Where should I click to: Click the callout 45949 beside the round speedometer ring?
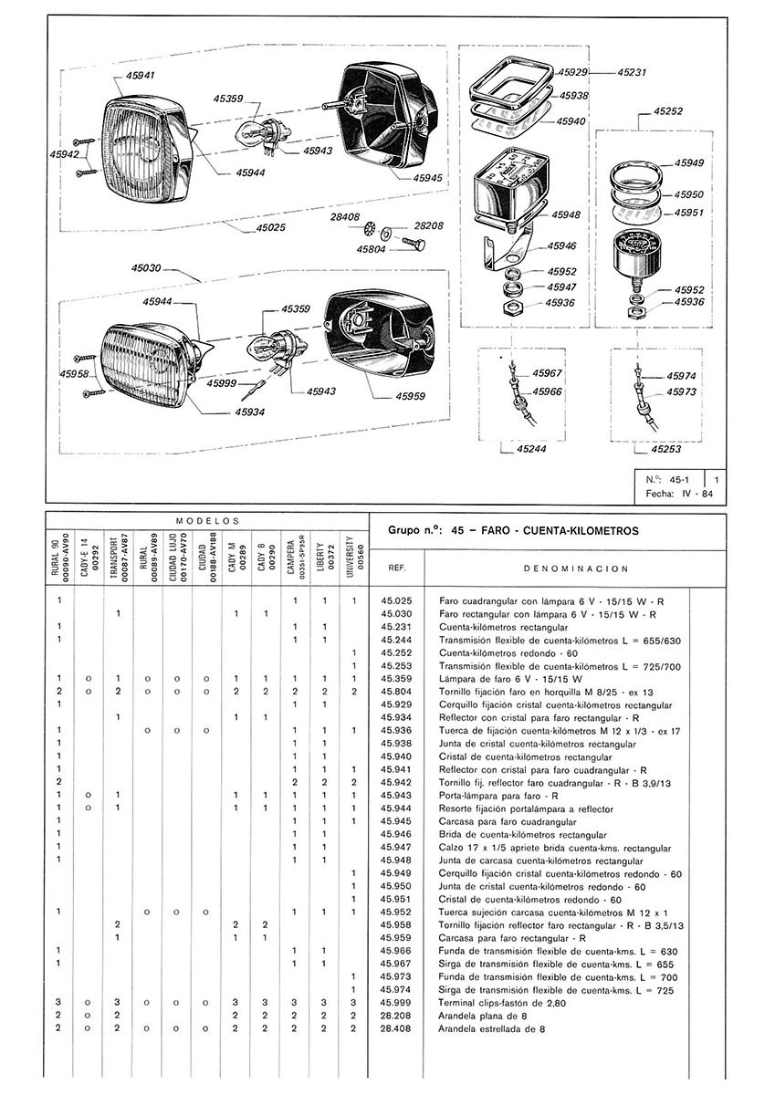(x=690, y=162)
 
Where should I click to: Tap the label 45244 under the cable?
(x=534, y=449)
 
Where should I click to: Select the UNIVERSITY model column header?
(x=352, y=552)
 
